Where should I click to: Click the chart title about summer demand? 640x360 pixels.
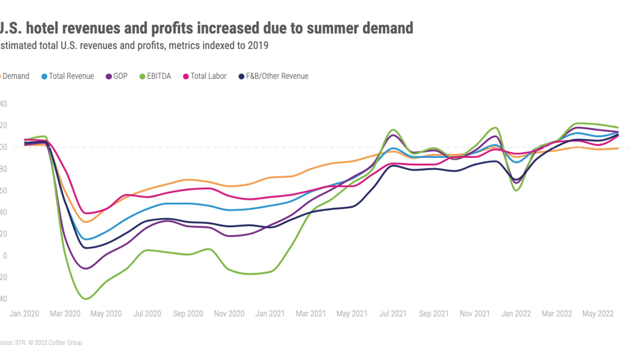[206, 28]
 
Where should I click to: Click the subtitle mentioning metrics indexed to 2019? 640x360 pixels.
[134, 46]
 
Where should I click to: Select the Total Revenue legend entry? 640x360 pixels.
[71, 76]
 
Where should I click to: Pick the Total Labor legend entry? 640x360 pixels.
[208, 76]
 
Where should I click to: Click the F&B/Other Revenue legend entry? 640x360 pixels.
[276, 76]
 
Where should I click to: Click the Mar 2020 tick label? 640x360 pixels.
[65, 314]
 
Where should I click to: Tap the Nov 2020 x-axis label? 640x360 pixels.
[229, 314]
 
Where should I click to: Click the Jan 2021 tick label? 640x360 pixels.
[270, 314]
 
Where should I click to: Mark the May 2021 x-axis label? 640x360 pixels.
[352, 314]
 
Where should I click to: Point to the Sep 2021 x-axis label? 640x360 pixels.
[433, 314]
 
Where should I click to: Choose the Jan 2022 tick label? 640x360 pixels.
[516, 314]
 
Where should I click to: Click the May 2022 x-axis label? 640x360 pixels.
[597, 314]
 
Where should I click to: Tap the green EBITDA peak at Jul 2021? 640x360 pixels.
[393, 130]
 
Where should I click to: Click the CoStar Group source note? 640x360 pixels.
[41, 343]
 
